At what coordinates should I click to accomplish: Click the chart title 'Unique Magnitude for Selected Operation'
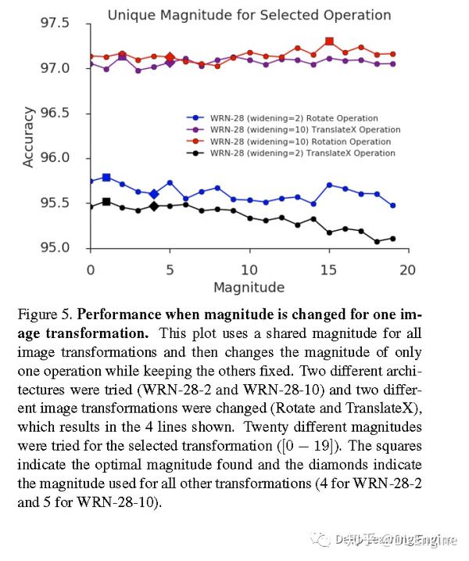pyautogui.click(x=249, y=15)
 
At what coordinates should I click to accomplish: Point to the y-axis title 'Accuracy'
pyautogui.click(x=29, y=137)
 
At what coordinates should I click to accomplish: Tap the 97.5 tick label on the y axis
pyautogui.click(x=55, y=23)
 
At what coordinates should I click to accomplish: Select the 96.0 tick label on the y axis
pyautogui.click(x=55, y=158)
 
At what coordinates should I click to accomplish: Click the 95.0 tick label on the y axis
pyautogui.click(x=55, y=248)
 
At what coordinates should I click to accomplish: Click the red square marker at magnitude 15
pyautogui.click(x=329, y=41)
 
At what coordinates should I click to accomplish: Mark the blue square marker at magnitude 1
pyautogui.click(x=106, y=178)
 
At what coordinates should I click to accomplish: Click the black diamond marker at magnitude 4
pyautogui.click(x=154, y=206)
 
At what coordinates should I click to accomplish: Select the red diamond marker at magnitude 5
pyautogui.click(x=170, y=57)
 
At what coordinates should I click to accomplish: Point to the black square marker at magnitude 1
pyautogui.click(x=106, y=202)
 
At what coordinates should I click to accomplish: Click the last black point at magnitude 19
pyautogui.click(x=392, y=239)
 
